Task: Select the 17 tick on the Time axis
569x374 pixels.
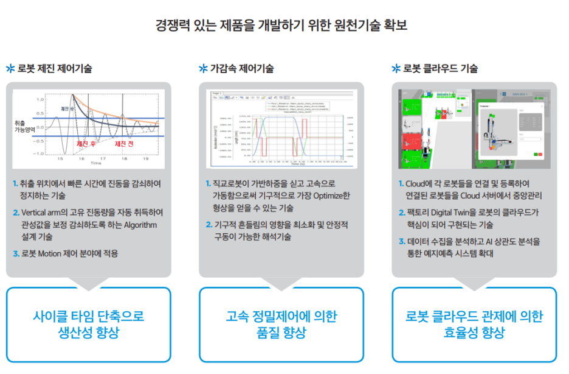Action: click(102, 158)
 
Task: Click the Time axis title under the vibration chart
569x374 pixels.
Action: click(95, 164)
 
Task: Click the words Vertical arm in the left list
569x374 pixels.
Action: click(41, 213)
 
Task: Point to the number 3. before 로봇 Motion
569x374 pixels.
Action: click(16, 253)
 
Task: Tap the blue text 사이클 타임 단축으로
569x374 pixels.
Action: click(88, 317)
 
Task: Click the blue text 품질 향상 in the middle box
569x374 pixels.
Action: click(281, 333)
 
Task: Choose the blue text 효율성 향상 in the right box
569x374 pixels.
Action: click(474, 333)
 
